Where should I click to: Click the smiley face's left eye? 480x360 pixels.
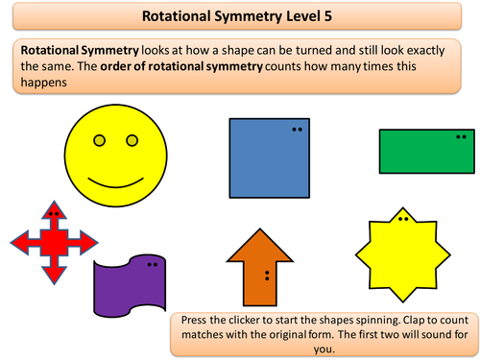99,140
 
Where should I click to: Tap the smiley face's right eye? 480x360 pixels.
132,140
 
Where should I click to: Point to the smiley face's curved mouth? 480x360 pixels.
115,183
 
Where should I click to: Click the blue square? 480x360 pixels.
270,158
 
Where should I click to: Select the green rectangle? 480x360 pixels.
427,152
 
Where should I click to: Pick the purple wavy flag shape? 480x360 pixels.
130,286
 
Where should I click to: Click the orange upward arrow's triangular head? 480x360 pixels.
260,246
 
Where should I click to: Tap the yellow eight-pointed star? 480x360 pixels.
403,254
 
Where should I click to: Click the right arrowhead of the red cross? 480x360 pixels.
88,242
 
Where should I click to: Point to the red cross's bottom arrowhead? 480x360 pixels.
54,276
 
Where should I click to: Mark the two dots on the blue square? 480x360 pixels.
297,130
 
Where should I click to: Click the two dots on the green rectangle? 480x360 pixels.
461,137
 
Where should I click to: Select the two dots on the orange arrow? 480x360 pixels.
267,276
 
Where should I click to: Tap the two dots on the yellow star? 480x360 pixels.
403,219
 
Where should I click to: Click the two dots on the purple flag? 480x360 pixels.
153,265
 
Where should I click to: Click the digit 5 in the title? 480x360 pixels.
328,16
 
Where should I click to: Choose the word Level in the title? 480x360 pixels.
303,16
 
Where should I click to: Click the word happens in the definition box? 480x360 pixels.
44,83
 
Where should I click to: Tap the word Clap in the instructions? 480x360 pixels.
414,321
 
